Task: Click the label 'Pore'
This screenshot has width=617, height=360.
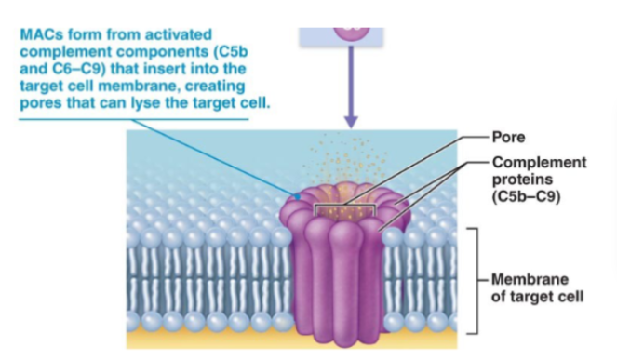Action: pyautogui.click(x=509, y=137)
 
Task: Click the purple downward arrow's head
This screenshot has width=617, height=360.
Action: pyautogui.click(x=351, y=121)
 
